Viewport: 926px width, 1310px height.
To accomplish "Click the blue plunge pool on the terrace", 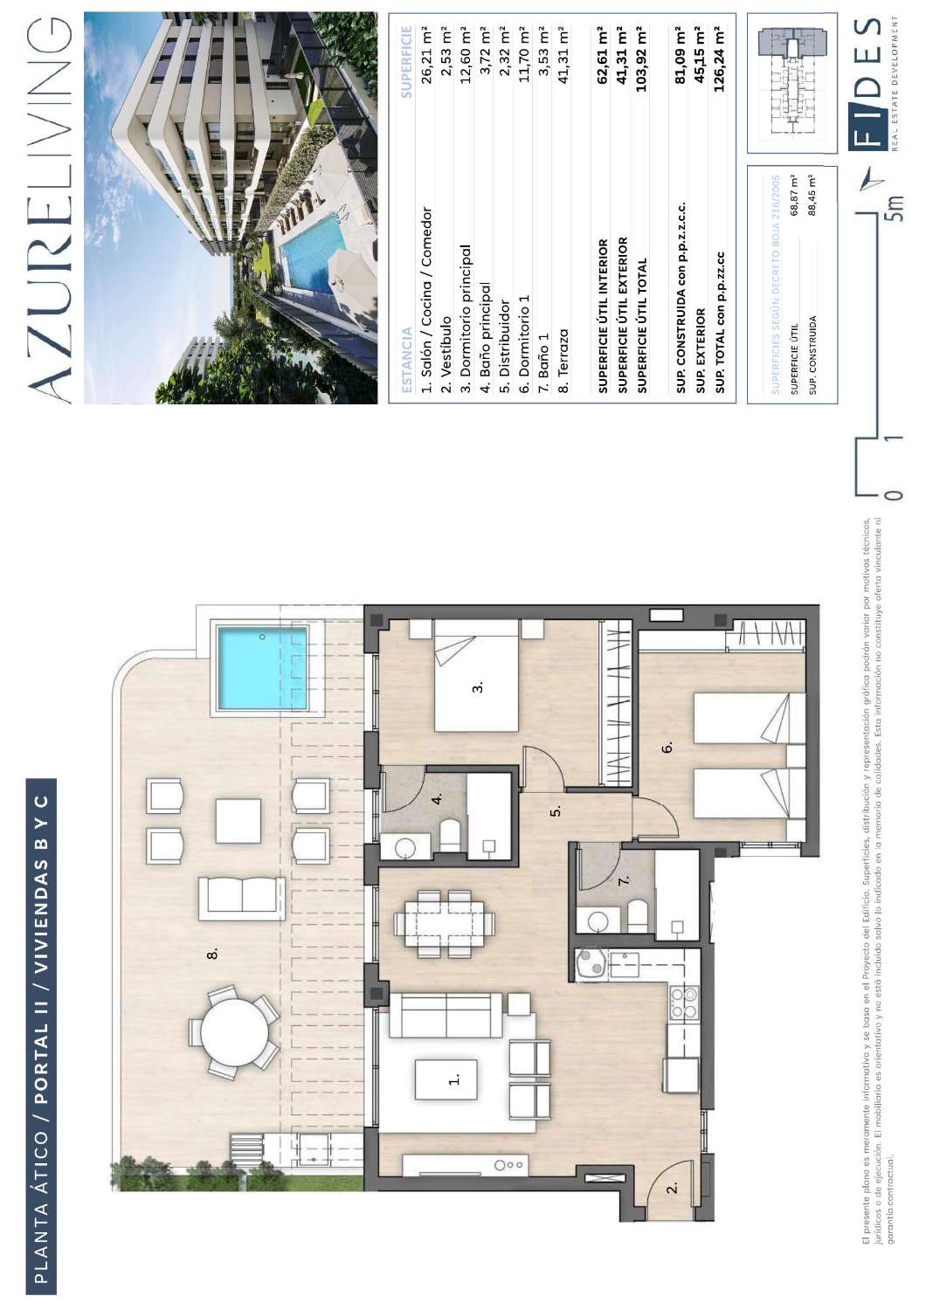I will pyautogui.click(x=262, y=667).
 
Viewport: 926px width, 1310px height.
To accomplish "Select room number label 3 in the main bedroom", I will pyautogui.click(x=477, y=687).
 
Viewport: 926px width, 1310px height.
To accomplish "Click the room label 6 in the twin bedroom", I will pyautogui.click(x=667, y=748).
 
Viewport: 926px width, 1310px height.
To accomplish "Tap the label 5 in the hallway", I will pyautogui.click(x=555, y=810).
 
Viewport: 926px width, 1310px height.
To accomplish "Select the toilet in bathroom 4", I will pyautogui.click(x=449, y=835).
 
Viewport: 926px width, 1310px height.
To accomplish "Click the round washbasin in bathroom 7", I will pyautogui.click(x=598, y=920).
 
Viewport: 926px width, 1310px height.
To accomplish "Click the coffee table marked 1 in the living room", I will pyautogui.click(x=446, y=1079).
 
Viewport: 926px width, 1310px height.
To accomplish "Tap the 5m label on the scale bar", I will pyautogui.click(x=893, y=210).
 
